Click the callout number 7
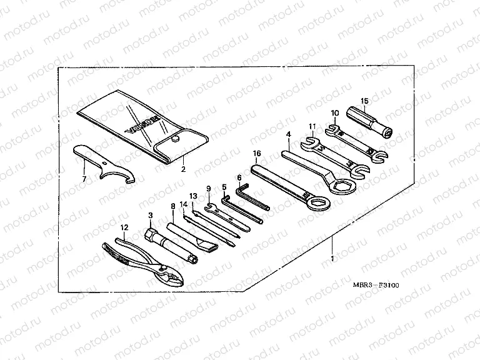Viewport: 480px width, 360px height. (x=84, y=179)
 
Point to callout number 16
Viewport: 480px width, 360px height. (x=256, y=153)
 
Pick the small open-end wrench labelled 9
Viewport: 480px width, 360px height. (x=225, y=216)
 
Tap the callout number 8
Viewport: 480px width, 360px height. (x=173, y=205)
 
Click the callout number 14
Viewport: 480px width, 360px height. (x=184, y=204)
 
